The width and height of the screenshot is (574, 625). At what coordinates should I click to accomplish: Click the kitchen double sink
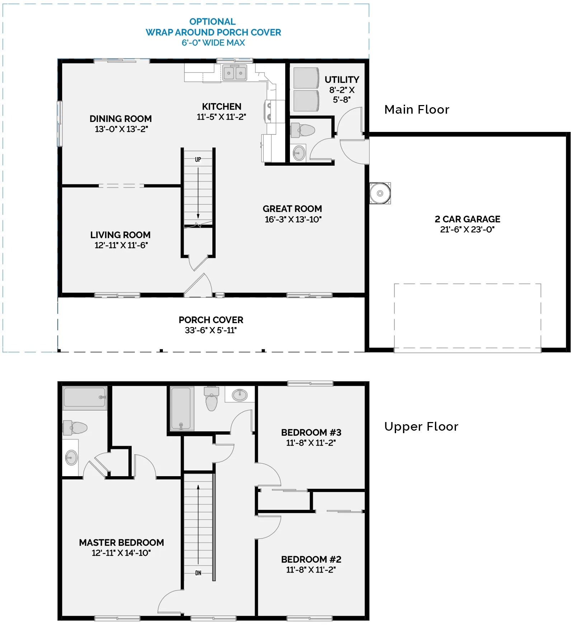point(235,73)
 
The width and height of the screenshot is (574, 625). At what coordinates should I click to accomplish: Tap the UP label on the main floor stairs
point(198,160)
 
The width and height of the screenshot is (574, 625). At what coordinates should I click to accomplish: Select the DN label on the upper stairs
point(198,573)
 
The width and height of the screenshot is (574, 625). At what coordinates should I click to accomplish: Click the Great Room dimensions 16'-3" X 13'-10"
point(293,219)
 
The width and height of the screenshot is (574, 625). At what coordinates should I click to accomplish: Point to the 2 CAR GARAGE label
point(467,219)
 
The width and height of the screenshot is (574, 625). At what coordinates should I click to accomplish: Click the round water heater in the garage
point(380,193)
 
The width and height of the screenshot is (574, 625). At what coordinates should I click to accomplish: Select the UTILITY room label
point(342,79)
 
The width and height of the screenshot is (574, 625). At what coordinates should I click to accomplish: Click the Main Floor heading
point(417,109)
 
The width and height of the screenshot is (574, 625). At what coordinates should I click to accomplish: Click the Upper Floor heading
point(421,426)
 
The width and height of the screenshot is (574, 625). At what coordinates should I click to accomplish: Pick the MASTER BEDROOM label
point(121,542)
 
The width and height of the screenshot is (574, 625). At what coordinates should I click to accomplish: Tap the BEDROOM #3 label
point(311,432)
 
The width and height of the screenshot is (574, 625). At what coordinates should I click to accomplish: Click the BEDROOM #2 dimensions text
point(311,569)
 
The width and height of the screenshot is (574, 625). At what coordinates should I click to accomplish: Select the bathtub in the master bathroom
point(85,397)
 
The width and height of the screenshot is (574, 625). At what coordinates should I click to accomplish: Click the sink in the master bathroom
point(71,457)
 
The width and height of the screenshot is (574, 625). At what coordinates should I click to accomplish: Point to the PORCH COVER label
point(211,319)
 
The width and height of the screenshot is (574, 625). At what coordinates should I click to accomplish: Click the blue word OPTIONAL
point(212,22)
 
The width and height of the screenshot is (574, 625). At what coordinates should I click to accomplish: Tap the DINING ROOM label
point(121,118)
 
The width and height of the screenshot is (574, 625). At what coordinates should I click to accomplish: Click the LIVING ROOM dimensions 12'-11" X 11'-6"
point(121,245)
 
